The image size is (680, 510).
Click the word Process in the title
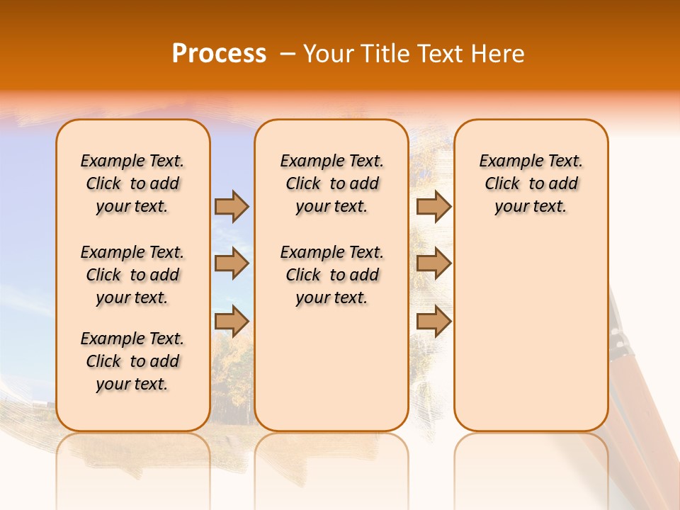(219, 54)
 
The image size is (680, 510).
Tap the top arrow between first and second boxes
(232, 206)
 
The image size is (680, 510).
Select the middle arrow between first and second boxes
(232, 263)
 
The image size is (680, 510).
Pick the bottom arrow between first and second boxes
(232, 322)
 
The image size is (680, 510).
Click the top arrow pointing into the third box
(433, 206)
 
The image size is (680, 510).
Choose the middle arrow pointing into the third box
(433, 263)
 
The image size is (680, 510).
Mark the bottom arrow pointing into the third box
(433, 322)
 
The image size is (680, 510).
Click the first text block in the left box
(132, 183)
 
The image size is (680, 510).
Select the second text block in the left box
(132, 275)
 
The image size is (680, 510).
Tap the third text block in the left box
(132, 361)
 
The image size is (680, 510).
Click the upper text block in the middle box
(331, 183)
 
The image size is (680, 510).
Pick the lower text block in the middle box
(331, 275)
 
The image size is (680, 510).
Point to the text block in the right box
(531, 183)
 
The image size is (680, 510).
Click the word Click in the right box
(502, 183)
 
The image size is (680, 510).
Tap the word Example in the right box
(506, 161)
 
